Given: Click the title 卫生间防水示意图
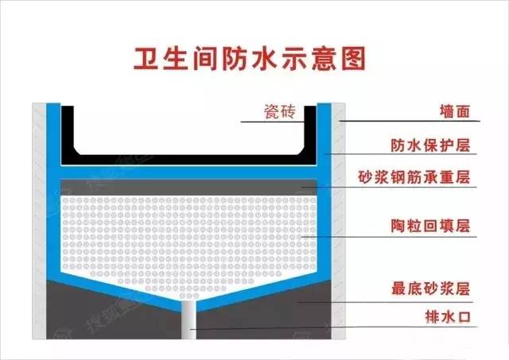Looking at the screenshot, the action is pos(250,59).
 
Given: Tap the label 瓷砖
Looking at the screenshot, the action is pos(279,112).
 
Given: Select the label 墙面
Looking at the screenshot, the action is pos(455,111).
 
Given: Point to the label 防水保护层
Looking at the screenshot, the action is pos(430,145).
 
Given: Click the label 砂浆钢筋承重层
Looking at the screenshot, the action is pos(414,177).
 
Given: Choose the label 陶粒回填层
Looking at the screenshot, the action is pos(430,226).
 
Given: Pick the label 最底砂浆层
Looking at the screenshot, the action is pos(430,288).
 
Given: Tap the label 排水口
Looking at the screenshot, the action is pos(448,316).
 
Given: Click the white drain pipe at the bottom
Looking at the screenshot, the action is pos(188,319).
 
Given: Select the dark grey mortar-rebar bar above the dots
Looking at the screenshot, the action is pos(189,187).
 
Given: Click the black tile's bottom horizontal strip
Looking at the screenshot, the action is pos(189,159).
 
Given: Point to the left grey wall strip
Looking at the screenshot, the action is pos(39,221).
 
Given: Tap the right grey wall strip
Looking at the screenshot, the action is pos(338,221).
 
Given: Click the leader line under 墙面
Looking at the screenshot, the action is pos(409,121).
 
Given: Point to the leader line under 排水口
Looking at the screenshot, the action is pos(333,327).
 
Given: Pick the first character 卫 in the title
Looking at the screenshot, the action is pos(146,60).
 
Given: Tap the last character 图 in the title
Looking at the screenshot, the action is pos(353,59).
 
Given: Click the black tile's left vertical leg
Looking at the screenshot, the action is pos(68,130).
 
